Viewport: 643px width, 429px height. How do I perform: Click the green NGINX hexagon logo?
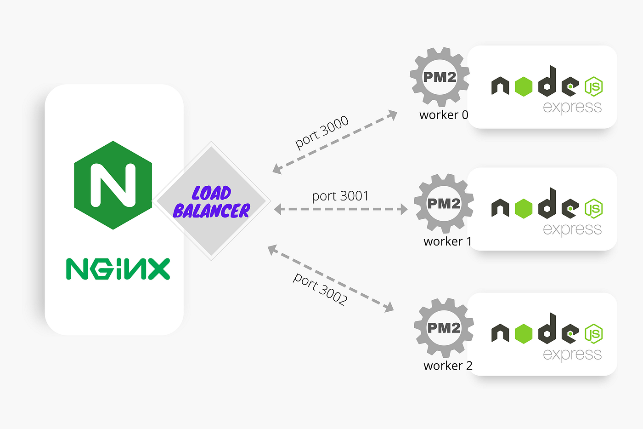coord(113,185)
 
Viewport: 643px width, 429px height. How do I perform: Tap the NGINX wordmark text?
coord(118,269)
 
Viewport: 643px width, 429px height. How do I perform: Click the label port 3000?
coord(321,132)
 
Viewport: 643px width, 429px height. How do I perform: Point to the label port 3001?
coord(340,196)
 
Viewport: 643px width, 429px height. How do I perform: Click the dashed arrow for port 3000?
coord(335,142)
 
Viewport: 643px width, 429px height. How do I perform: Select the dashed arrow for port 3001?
coord(340,209)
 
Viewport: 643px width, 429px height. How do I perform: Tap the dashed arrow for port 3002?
coord(331,279)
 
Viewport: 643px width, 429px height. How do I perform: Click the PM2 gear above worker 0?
coord(440,77)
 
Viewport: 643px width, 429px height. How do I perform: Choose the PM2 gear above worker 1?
coord(444,203)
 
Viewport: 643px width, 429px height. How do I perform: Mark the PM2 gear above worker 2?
coord(444,327)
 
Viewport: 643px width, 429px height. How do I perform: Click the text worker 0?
coord(444,115)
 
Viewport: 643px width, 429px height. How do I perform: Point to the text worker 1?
coord(447,241)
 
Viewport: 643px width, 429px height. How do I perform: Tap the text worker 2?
coord(448,366)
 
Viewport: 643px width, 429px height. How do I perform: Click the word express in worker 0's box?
coord(572,107)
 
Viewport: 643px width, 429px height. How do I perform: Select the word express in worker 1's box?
coord(572,229)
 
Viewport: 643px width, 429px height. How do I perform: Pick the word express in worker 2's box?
coord(572,354)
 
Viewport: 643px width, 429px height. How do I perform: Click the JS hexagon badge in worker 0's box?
coord(593,86)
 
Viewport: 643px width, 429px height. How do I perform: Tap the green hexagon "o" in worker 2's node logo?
coord(524,334)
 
